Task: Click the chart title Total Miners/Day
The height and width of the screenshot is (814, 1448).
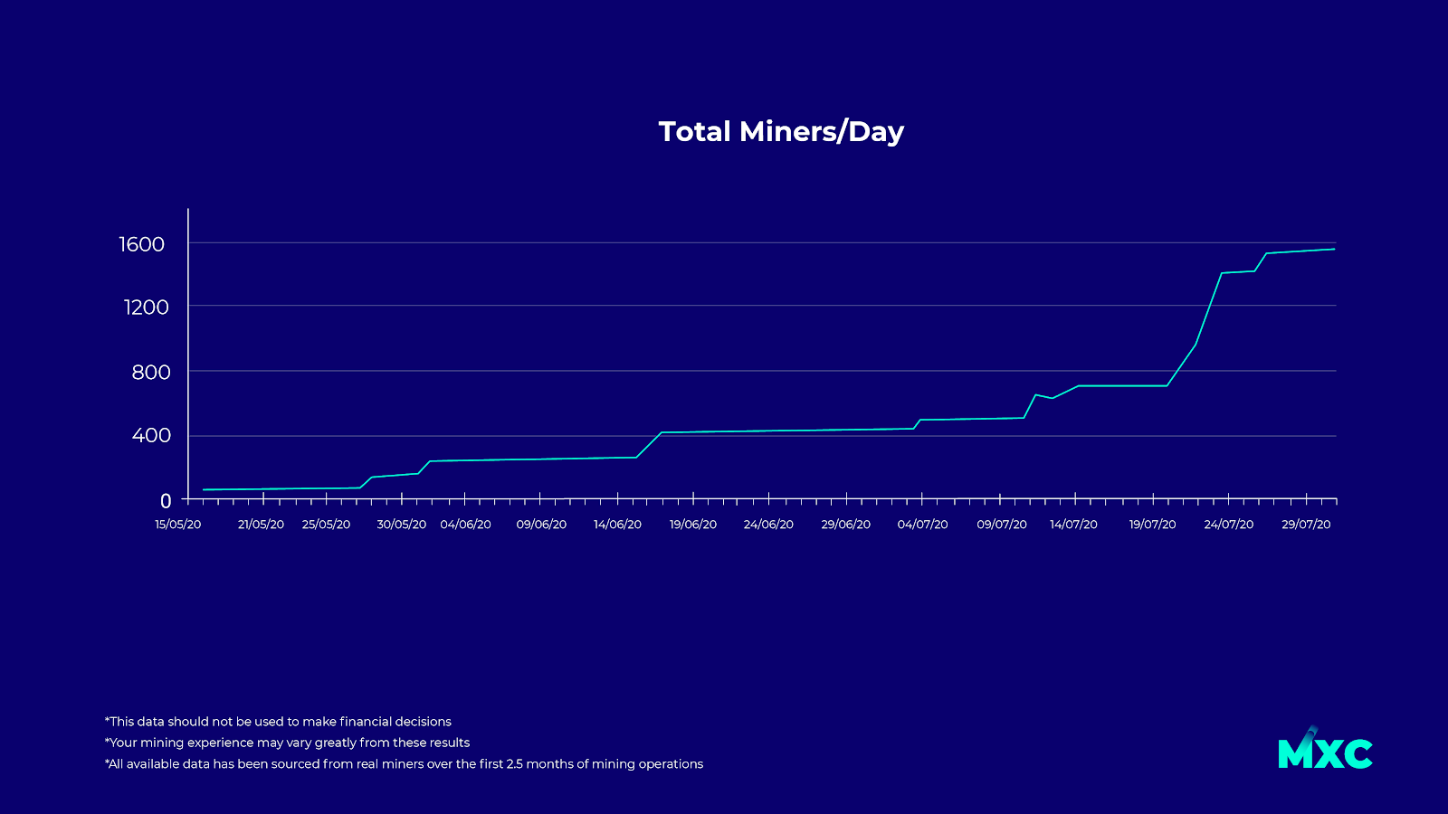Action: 781,132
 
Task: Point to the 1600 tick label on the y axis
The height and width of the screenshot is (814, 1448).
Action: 142,244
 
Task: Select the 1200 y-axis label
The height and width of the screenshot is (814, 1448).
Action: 146,308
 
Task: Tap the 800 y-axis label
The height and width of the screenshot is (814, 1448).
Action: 150,373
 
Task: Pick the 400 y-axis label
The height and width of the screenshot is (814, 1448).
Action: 151,436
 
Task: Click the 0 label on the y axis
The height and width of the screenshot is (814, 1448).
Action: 166,501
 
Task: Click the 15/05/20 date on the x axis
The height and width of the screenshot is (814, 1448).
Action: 178,525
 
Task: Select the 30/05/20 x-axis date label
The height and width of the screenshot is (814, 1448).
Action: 402,525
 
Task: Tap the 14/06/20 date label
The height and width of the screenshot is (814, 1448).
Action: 617,525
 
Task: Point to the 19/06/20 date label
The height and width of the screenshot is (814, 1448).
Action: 693,525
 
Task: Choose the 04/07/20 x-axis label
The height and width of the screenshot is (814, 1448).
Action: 922,525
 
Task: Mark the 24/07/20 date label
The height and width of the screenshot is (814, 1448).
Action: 1228,525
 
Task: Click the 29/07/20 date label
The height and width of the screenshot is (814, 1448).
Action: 1306,525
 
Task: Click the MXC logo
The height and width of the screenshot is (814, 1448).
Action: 1325,751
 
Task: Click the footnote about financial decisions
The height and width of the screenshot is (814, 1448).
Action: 278,722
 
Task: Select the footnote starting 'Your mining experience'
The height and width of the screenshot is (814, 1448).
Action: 287,743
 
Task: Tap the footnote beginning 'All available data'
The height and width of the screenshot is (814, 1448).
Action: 404,764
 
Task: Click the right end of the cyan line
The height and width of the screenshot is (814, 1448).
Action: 1334,249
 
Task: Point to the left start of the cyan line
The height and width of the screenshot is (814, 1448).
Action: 204,489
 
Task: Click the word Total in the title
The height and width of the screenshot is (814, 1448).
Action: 694,132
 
